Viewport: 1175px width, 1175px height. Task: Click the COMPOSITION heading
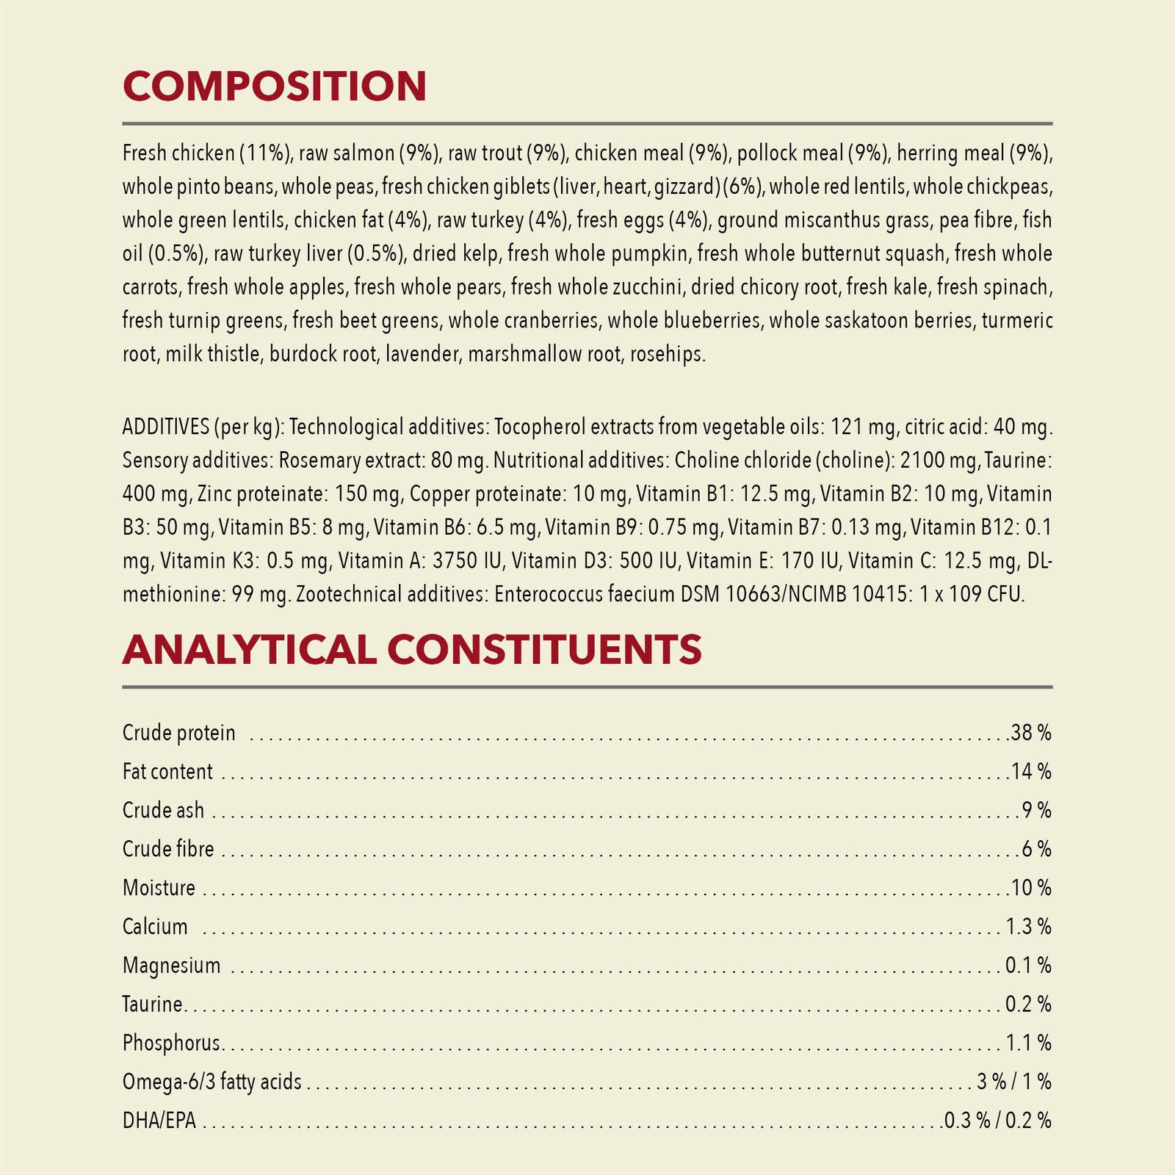tap(275, 86)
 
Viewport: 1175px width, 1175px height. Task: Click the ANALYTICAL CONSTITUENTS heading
tap(412, 650)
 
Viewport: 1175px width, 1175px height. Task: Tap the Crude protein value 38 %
tap(1031, 732)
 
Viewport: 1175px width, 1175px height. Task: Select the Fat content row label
tap(167, 771)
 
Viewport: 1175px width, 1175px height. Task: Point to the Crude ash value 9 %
tap(1036, 810)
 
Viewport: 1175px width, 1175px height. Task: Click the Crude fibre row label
tap(168, 849)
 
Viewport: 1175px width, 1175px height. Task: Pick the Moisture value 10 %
tap(1031, 888)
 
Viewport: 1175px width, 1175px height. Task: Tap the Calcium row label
tap(155, 927)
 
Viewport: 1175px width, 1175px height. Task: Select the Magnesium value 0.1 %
tap(1028, 965)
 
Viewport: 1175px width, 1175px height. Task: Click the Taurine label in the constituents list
tap(153, 1004)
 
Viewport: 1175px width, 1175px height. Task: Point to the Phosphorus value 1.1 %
tap(1028, 1043)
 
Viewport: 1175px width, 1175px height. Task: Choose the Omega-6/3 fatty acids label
tap(212, 1082)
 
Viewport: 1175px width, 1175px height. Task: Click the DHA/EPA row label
tap(159, 1121)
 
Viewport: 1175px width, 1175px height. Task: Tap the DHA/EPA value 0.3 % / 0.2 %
tap(997, 1121)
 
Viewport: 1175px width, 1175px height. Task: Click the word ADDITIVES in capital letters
tap(166, 427)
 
